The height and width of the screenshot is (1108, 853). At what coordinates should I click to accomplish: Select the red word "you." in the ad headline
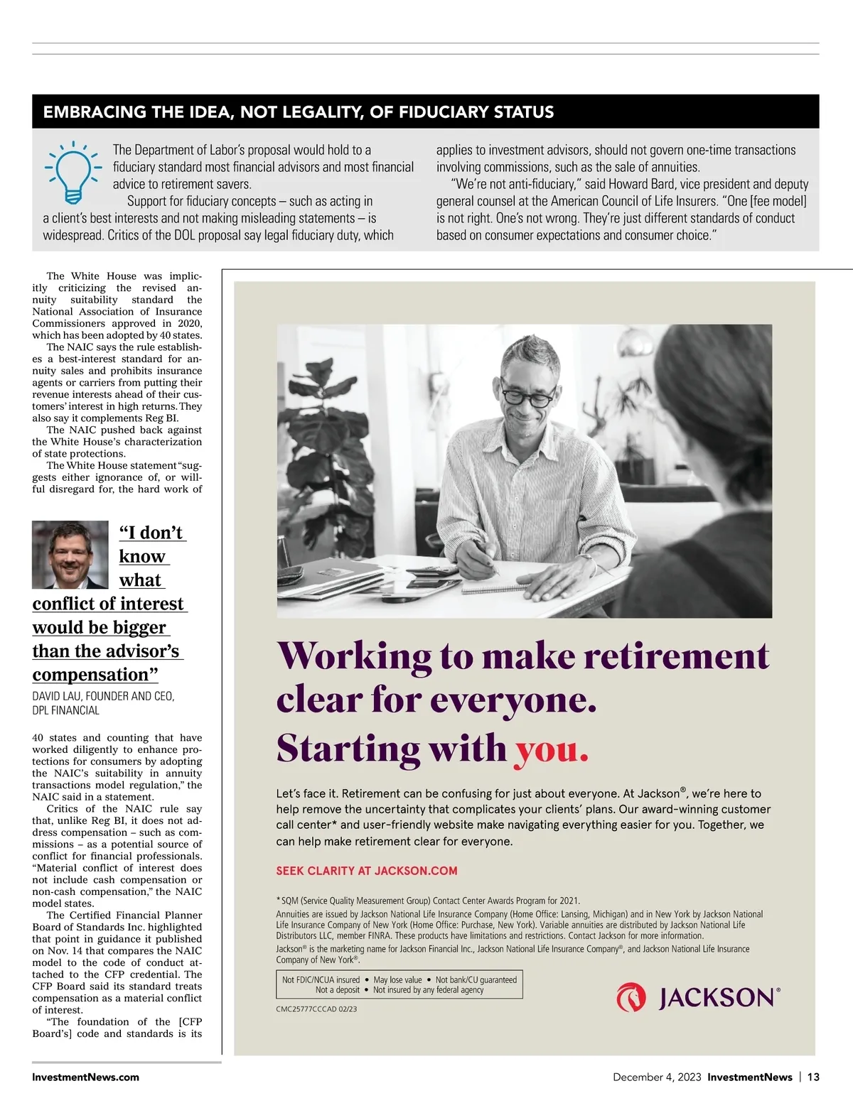[x=552, y=749]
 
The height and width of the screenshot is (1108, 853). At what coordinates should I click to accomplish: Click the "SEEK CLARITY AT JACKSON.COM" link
[x=367, y=871]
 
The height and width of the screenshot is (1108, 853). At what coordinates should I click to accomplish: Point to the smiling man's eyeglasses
[x=527, y=393]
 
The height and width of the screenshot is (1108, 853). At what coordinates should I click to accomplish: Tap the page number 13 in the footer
[x=813, y=1077]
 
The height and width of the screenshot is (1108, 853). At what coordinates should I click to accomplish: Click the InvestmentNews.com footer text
[x=85, y=1077]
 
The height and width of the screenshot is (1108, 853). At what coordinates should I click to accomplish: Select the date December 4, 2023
[x=656, y=1077]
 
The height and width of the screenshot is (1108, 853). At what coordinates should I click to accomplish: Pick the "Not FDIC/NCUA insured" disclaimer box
[x=399, y=984]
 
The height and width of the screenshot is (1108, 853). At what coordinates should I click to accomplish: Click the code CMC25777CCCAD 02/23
[x=316, y=1009]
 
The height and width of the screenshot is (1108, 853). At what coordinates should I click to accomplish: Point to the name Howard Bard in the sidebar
[x=641, y=184]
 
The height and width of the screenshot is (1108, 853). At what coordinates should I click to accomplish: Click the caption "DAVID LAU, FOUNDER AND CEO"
[x=103, y=696]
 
